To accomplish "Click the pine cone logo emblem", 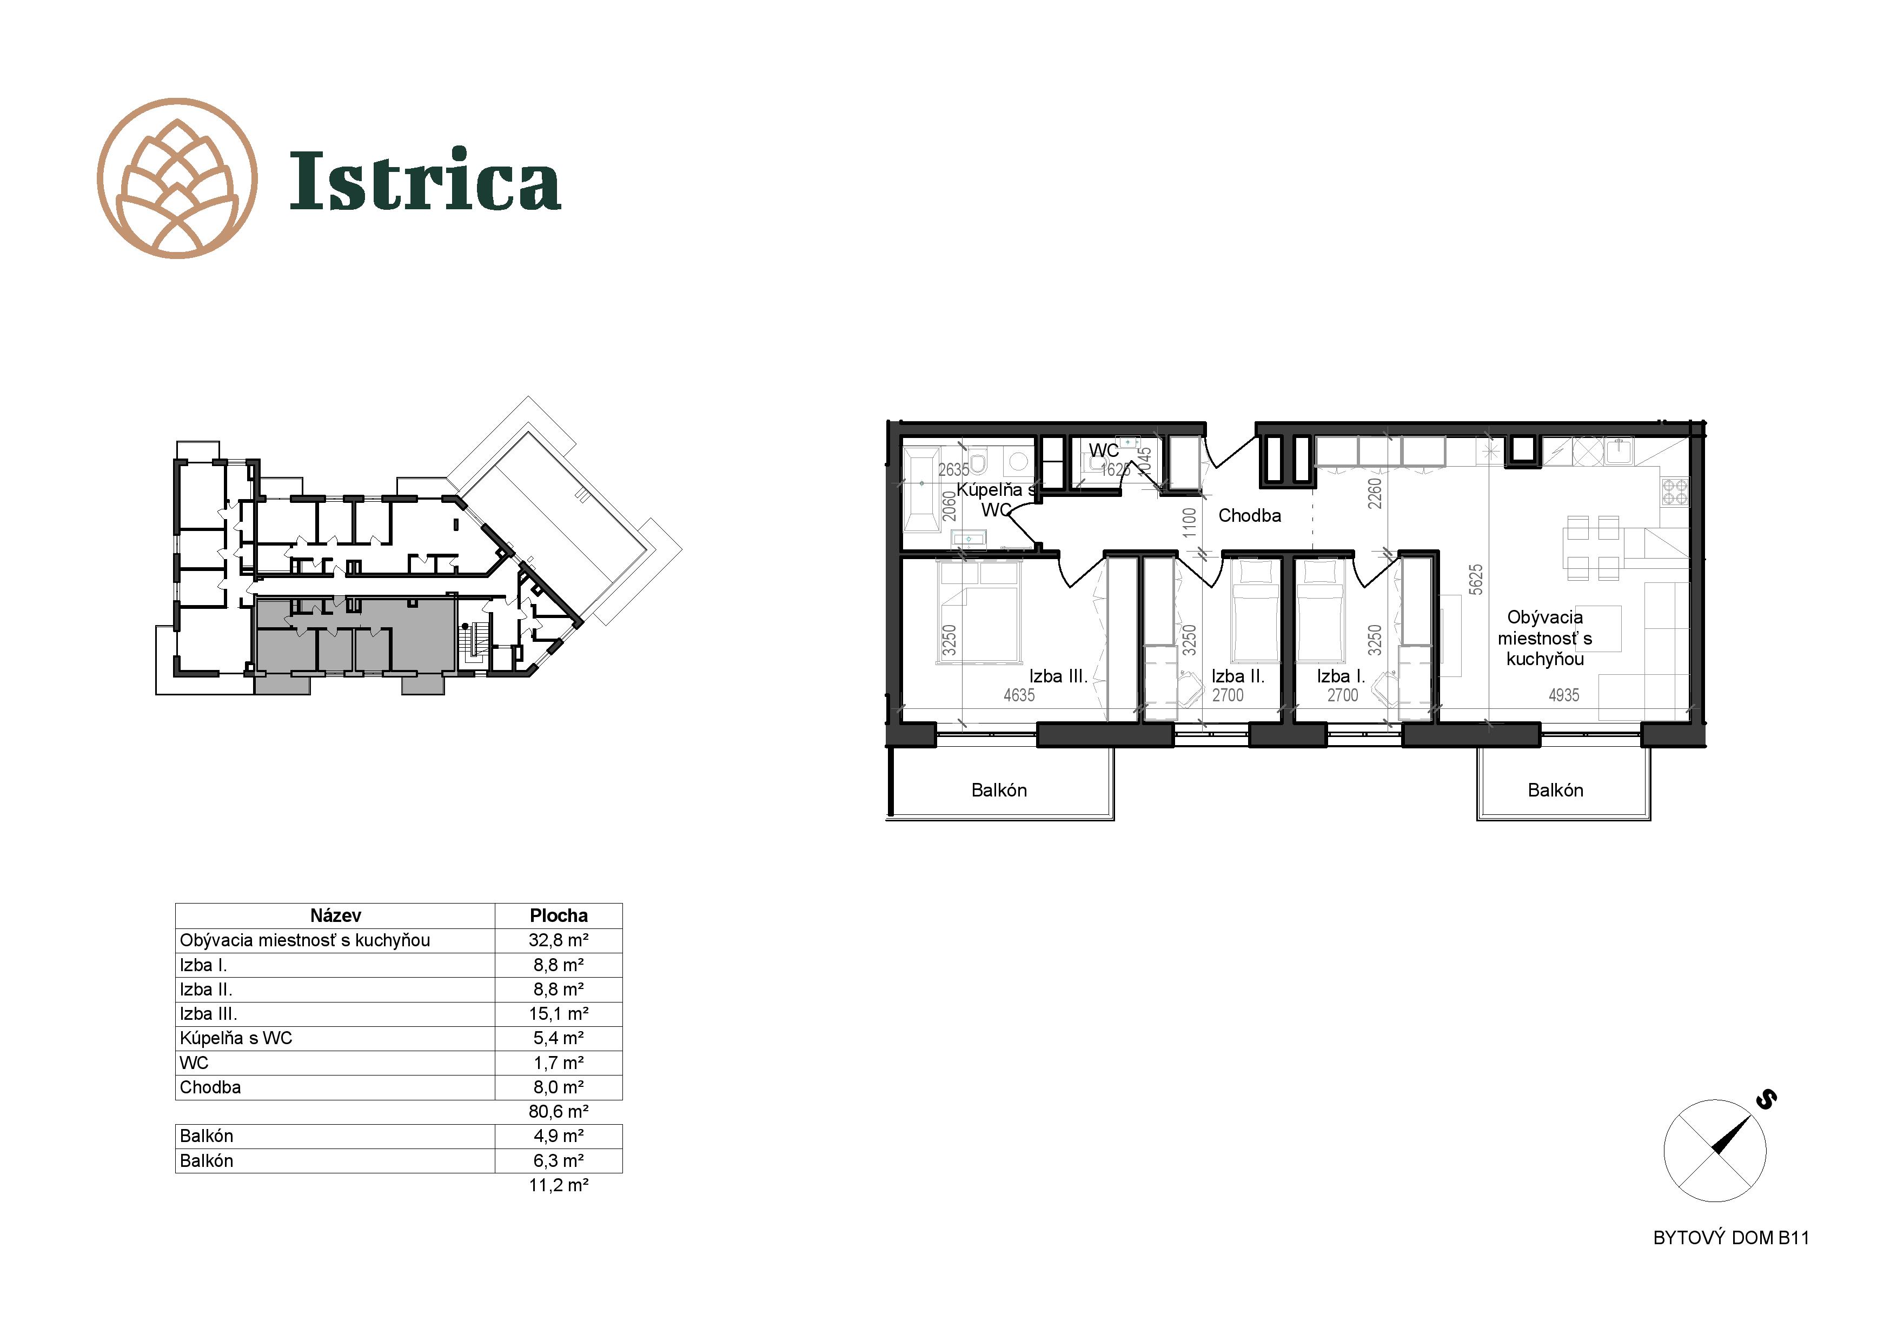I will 177,178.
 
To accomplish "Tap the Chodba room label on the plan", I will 1249,515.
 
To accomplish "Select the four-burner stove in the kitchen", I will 1675,492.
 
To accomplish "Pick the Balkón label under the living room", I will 1555,790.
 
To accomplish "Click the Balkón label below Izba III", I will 999,790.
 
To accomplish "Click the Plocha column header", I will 559,915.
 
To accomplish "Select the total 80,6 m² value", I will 559,1111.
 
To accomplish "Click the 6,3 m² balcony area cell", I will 559,1161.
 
